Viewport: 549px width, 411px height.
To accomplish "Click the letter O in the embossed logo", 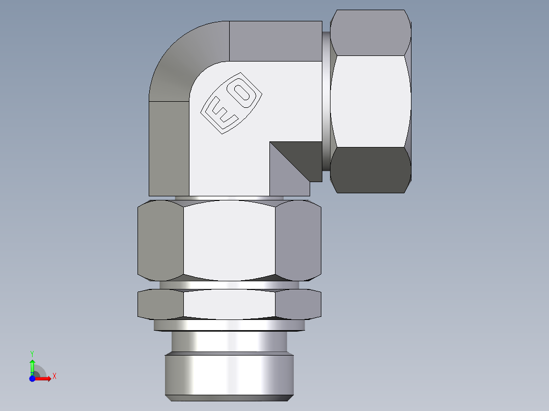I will point(243,93).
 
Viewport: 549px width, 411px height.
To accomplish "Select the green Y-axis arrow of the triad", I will point(32,364).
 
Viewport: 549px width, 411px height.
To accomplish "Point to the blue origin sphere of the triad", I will point(32,378).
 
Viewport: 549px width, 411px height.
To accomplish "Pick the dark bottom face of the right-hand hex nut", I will point(371,169).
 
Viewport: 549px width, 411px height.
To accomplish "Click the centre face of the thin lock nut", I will point(229,304).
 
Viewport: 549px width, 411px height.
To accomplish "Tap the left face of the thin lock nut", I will point(160,304).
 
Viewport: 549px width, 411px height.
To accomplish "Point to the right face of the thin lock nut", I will point(298,304).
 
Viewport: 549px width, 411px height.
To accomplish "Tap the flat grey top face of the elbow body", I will point(275,41).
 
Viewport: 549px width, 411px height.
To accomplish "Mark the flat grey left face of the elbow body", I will point(169,148).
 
